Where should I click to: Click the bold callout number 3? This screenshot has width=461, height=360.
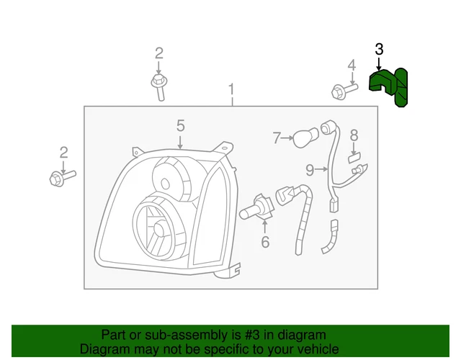pyautogui.click(x=379, y=50)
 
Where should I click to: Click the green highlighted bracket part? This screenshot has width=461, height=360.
pyautogui.click(x=388, y=85)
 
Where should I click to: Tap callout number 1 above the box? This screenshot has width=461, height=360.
pyautogui.click(x=232, y=90)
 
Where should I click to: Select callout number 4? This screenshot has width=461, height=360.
pyautogui.click(x=352, y=66)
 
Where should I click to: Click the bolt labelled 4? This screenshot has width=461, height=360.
pyautogui.click(x=344, y=91)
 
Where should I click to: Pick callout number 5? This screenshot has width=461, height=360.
pyautogui.click(x=181, y=126)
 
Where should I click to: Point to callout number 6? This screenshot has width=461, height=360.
pyautogui.click(x=265, y=242)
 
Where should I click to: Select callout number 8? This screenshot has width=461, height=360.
pyautogui.click(x=354, y=135)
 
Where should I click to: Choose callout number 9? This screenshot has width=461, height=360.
pyautogui.click(x=309, y=170)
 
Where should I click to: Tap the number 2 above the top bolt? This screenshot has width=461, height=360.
pyautogui.click(x=158, y=53)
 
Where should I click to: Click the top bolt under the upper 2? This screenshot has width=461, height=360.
pyautogui.click(x=158, y=86)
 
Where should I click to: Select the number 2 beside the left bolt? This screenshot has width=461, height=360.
pyautogui.click(x=63, y=152)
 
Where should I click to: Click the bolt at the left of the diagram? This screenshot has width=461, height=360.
pyautogui.click(x=62, y=176)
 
